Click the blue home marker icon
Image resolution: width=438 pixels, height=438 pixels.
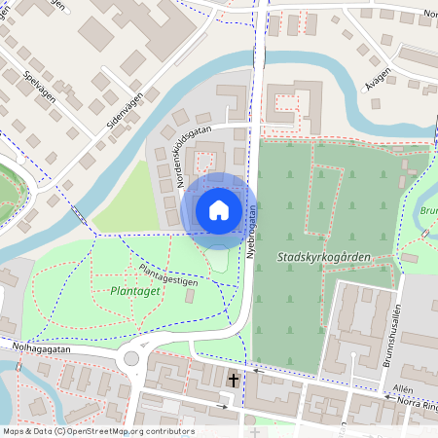pos(219,209)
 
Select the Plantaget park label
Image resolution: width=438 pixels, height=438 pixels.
pos(128,290)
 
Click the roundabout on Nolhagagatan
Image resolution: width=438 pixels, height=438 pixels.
pos(130,360)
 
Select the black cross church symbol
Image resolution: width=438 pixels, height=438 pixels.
pos(234,379)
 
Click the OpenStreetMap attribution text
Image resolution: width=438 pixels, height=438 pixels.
pos(97,431)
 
